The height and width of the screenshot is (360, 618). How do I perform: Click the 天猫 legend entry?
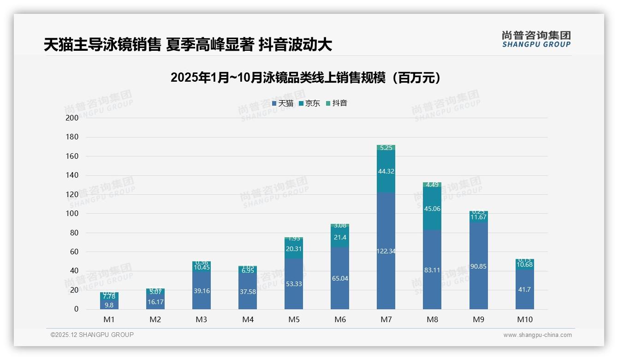[x=283, y=103]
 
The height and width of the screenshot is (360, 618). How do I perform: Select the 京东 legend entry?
[x=309, y=103]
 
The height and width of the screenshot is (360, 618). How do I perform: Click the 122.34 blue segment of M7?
[x=386, y=251]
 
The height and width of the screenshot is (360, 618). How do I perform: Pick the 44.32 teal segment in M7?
[x=386, y=171]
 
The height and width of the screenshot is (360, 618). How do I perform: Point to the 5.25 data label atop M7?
[x=386, y=148]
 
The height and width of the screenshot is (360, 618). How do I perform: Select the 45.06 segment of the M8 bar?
[x=432, y=209]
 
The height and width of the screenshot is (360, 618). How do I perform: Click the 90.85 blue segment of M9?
[x=478, y=266]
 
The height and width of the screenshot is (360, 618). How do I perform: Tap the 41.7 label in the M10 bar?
[x=524, y=289]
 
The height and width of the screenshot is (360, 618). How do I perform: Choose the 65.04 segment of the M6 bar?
[x=339, y=278]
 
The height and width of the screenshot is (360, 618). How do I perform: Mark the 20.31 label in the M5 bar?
[x=293, y=249]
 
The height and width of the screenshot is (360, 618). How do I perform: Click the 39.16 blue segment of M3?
[x=202, y=291]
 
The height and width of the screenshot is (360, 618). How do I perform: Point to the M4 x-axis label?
[x=248, y=319]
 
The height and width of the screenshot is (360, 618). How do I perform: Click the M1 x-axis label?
[x=109, y=319]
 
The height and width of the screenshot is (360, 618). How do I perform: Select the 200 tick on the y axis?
[x=72, y=118]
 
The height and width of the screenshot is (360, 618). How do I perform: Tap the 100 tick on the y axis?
[x=72, y=214]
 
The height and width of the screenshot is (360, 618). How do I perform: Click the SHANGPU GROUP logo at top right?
[x=536, y=39]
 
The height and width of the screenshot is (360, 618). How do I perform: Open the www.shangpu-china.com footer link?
[x=537, y=335]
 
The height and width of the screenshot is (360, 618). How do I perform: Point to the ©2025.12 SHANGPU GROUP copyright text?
[x=92, y=335]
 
